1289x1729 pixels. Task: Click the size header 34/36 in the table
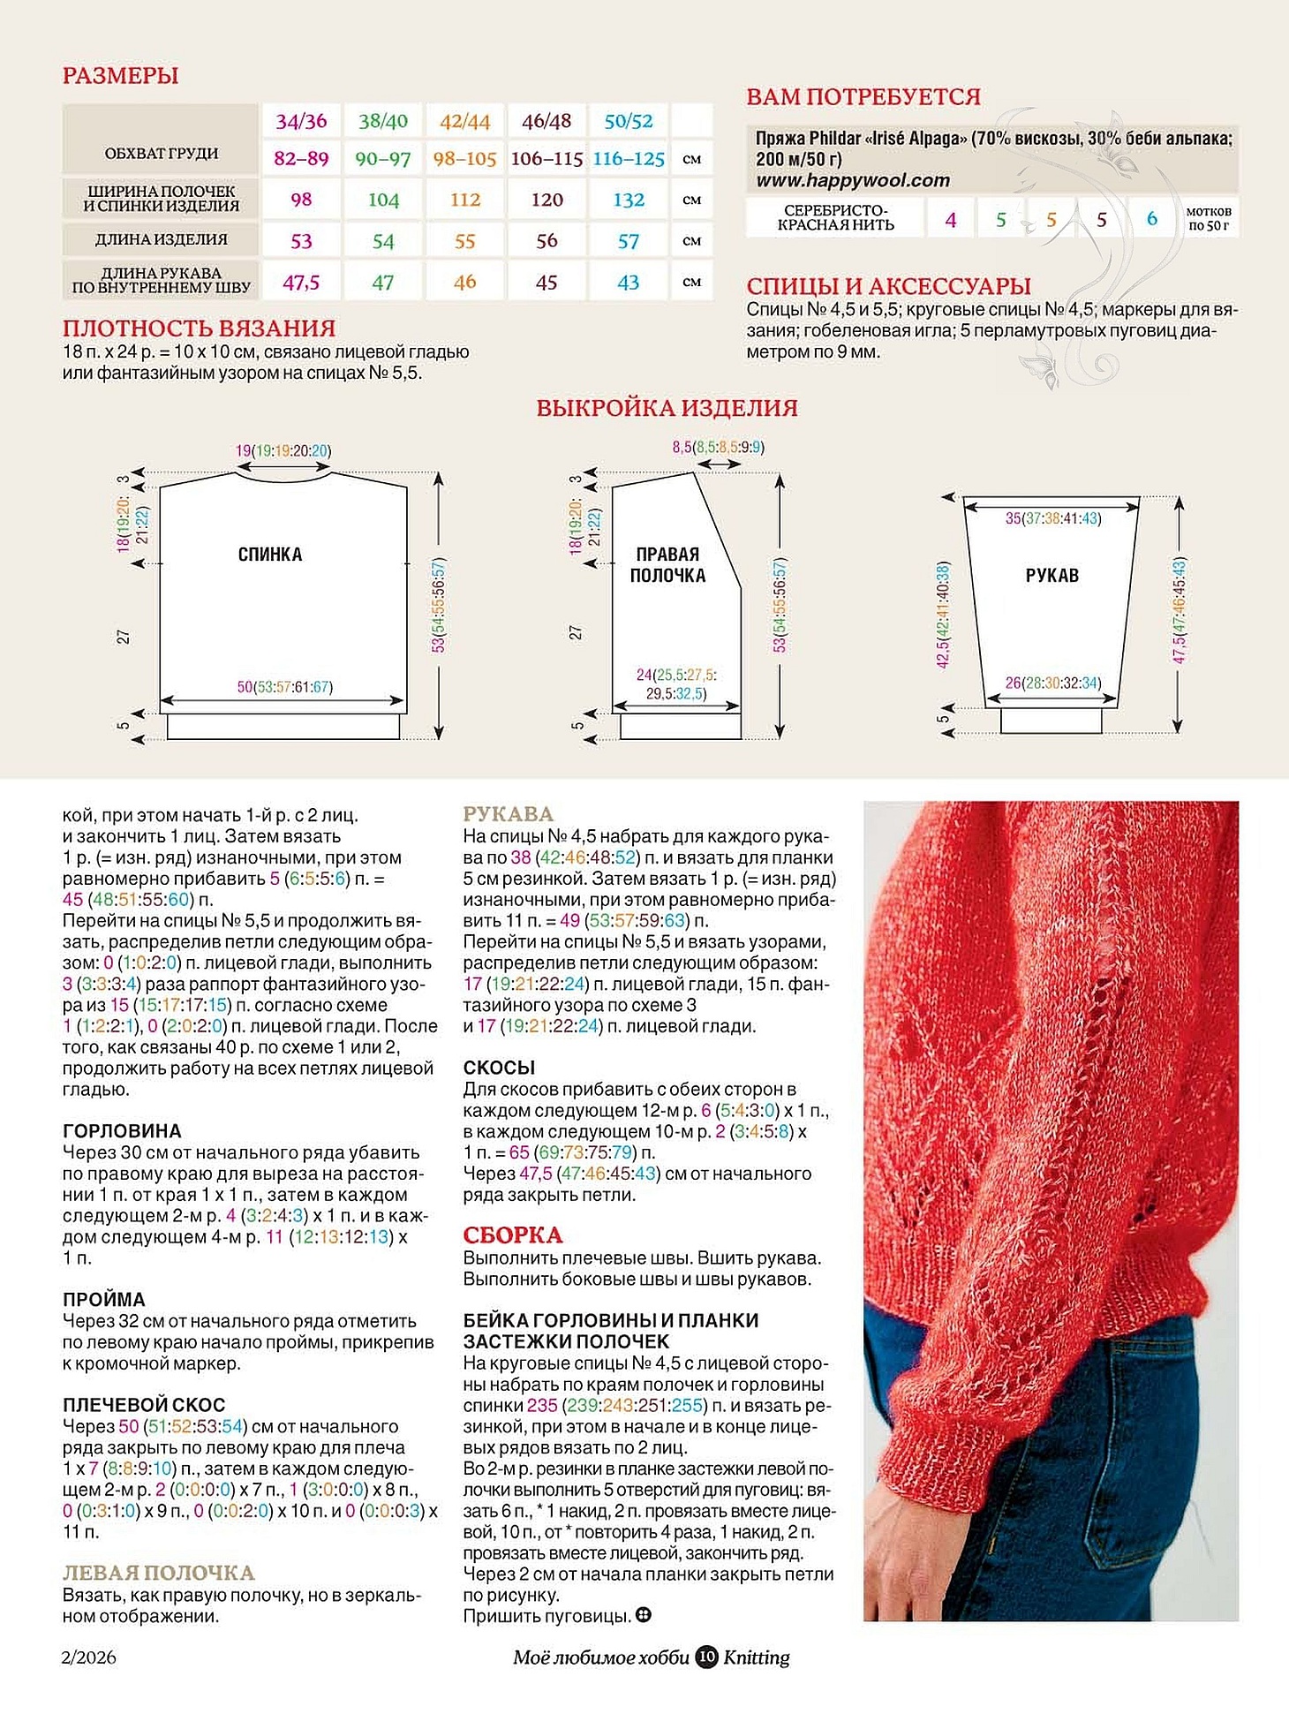pos(301,121)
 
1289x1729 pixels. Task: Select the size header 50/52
pos(629,121)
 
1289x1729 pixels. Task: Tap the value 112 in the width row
pos(465,200)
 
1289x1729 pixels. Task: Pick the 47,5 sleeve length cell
pos(301,283)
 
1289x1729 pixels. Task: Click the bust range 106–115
pos(547,159)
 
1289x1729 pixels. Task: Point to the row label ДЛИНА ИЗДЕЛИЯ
pos(162,239)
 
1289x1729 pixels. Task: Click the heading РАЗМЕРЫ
pos(120,76)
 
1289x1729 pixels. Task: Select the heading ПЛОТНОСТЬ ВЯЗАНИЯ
pos(199,328)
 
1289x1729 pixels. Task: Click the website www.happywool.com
pos(853,180)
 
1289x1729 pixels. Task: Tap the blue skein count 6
pos(1152,218)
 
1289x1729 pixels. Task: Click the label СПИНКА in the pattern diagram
pos(270,555)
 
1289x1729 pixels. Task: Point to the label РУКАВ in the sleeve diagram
pos(1052,576)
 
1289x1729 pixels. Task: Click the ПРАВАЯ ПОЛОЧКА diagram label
pos(667,565)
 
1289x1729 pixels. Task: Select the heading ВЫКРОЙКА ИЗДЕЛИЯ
pos(667,408)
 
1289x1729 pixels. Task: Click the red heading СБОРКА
pos(513,1234)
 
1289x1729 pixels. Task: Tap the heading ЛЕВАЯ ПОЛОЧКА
pos(159,1573)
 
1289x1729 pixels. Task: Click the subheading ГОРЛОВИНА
pos(122,1131)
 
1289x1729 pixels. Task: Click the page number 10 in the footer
pos(706,1657)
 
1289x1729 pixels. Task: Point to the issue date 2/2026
pos(89,1657)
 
